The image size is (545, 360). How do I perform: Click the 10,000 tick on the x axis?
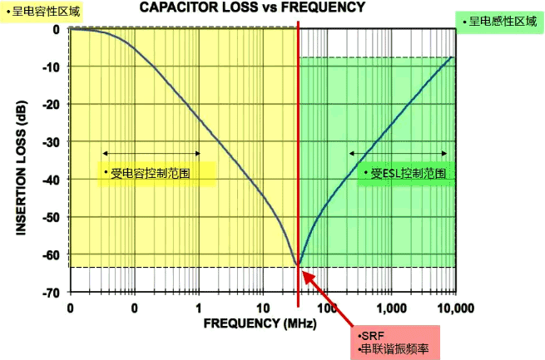click(455, 308)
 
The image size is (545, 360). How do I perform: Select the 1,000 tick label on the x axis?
click(391, 308)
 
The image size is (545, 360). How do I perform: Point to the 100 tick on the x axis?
click(327, 308)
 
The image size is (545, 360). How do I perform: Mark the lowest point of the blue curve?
click(298, 266)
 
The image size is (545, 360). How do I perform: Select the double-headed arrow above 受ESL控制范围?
click(399, 154)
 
